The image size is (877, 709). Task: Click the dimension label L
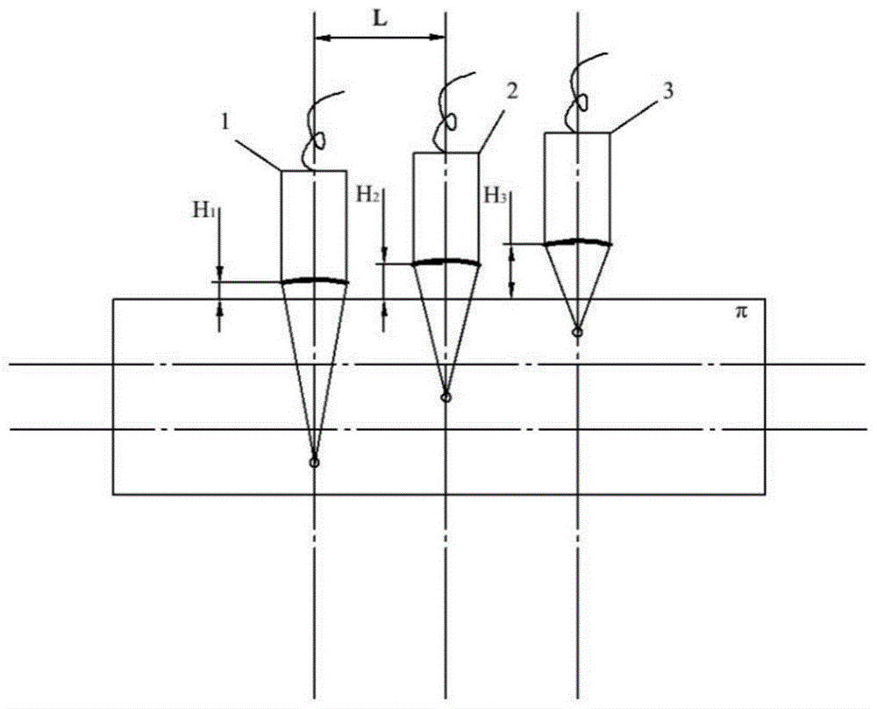pyautogui.click(x=380, y=19)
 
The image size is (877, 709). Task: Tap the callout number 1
pyautogui.click(x=225, y=123)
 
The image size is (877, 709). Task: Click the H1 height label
pyautogui.click(x=204, y=211)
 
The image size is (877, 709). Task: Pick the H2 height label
pyautogui.click(x=368, y=195)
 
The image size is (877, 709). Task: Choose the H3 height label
pyautogui.click(x=496, y=196)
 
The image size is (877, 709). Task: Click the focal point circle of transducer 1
pyautogui.click(x=314, y=462)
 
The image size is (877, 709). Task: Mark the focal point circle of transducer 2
pyautogui.click(x=446, y=397)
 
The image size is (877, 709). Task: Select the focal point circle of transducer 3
pyautogui.click(x=577, y=333)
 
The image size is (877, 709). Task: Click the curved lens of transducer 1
pyautogui.click(x=314, y=279)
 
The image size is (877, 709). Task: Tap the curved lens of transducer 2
pyautogui.click(x=446, y=261)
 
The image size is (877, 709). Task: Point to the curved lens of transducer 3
pyautogui.click(x=577, y=241)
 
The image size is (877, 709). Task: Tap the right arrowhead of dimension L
pyautogui.click(x=438, y=38)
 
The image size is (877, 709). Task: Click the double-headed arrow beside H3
pyautogui.click(x=510, y=273)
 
